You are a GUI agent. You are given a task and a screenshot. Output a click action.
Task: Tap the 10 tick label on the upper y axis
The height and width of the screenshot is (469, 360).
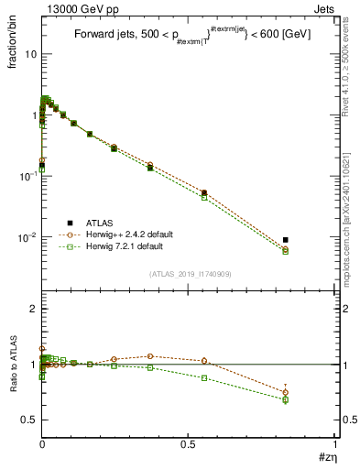(31, 54)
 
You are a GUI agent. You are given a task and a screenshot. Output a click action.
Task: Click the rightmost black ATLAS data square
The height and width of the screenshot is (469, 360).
(286, 240)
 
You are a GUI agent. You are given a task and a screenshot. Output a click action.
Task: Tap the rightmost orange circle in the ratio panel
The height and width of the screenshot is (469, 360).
(286, 392)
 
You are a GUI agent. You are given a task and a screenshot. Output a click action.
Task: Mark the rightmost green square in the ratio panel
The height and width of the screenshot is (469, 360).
(286, 399)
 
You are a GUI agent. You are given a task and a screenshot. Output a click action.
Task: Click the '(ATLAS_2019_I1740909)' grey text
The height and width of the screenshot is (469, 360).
(190, 273)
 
